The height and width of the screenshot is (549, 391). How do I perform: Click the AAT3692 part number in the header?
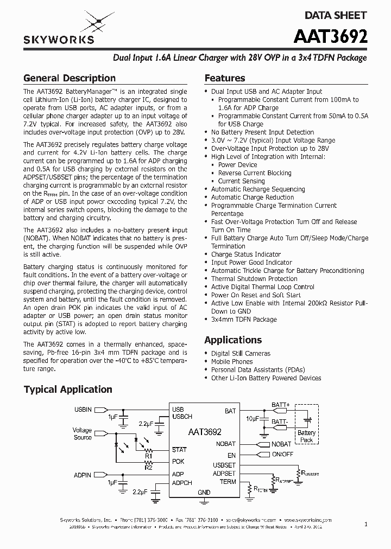[x=330, y=36]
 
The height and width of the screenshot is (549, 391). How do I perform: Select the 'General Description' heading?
[x=70, y=78]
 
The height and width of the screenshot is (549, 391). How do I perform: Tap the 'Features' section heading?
[x=224, y=78]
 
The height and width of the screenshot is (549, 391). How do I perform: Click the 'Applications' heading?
[x=232, y=340]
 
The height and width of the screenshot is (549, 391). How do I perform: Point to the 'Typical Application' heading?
[x=68, y=390]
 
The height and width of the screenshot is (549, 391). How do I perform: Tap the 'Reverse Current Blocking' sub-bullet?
[x=254, y=173]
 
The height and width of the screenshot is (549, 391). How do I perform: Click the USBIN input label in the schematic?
[x=83, y=409]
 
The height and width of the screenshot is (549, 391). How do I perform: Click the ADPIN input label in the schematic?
[x=83, y=475]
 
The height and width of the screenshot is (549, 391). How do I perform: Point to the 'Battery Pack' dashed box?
[x=306, y=436]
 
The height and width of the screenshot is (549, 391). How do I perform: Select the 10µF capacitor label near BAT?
[x=252, y=419]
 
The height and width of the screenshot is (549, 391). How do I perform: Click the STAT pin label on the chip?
[x=179, y=450]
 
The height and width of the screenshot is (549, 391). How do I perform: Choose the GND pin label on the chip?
[x=204, y=493]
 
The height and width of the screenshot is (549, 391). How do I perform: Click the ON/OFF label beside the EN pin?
[x=282, y=454]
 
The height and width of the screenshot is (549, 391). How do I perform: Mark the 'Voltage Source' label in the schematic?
[x=83, y=434]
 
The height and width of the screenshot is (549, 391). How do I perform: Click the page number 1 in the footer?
[x=366, y=525]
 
